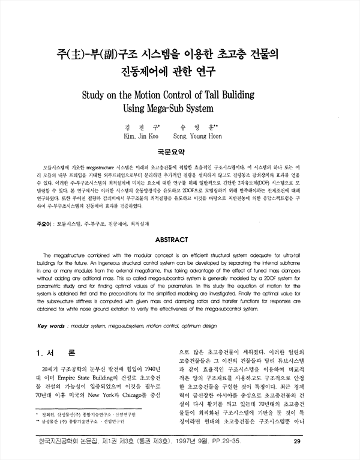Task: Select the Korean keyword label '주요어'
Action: (x=42, y=223)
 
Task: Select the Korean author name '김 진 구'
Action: (x=139, y=127)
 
